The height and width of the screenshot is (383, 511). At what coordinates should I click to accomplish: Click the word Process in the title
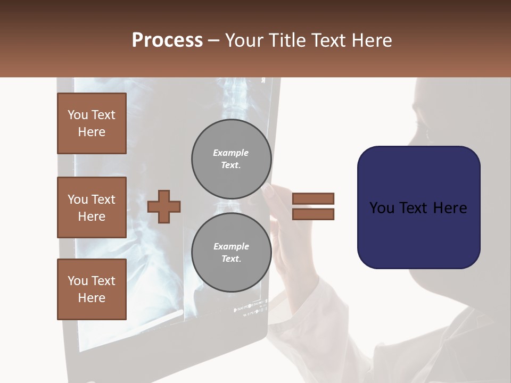point(167,40)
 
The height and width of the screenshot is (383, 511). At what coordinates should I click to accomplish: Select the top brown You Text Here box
point(92,123)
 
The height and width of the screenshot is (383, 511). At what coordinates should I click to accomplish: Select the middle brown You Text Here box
point(92,207)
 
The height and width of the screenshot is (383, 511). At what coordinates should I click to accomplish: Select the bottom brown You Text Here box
point(92,289)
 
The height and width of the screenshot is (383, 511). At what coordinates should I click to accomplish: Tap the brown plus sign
point(164,206)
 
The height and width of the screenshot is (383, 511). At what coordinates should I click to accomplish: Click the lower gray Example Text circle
point(232,253)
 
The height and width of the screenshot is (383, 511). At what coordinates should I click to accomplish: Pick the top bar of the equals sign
point(313,198)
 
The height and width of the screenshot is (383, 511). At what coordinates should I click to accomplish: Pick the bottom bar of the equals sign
point(313,214)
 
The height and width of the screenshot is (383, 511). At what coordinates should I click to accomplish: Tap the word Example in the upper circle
point(230,153)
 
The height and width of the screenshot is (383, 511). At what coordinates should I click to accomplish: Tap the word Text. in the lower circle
point(231,259)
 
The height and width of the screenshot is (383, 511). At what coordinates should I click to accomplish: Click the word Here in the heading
point(371,40)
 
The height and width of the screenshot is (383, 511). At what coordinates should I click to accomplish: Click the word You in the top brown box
point(78,115)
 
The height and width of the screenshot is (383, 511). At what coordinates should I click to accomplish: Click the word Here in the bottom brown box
point(92,298)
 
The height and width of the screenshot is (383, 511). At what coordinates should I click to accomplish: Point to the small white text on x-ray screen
point(250,309)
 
